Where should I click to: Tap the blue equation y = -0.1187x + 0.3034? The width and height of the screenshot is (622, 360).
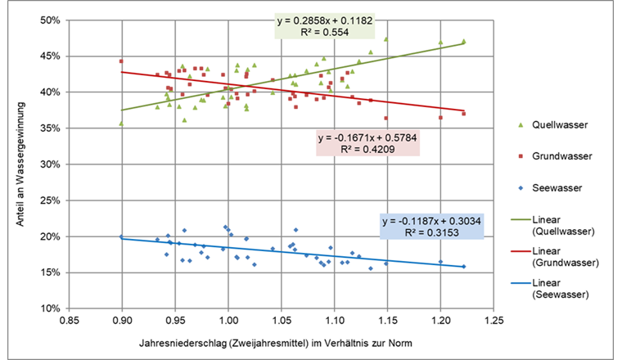click(433, 221)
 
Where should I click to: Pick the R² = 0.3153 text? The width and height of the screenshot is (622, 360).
click(433, 233)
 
